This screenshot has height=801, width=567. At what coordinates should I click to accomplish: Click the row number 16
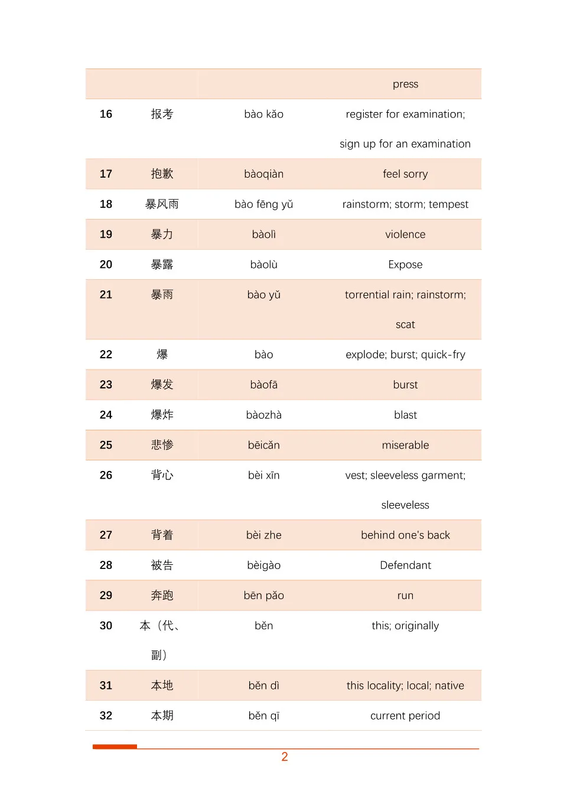[x=106, y=114]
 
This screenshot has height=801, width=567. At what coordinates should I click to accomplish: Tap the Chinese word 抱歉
[x=162, y=174]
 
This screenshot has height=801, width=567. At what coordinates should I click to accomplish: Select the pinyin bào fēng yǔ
[x=263, y=204]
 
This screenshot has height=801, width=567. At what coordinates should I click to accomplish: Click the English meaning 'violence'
[x=405, y=234]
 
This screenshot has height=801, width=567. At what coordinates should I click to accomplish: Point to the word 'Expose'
[x=405, y=264]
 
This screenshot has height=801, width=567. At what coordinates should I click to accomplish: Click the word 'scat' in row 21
[x=405, y=325]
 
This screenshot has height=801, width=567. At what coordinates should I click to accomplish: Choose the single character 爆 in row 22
[x=162, y=354]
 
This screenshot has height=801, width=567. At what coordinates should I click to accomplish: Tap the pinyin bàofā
[x=263, y=385]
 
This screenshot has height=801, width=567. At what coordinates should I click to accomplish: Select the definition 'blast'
[x=405, y=415]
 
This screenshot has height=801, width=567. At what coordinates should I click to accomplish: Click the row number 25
[x=106, y=445]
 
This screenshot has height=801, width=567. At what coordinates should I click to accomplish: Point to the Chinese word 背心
[x=162, y=475]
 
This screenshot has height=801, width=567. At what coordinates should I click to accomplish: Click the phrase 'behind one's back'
[x=405, y=535]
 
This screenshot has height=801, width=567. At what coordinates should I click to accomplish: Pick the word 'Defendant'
[x=405, y=565]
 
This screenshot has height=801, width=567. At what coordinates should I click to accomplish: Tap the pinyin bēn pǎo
[x=263, y=596]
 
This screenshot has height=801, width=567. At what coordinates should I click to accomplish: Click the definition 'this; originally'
[x=405, y=626]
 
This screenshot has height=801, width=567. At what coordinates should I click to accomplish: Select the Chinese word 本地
[x=162, y=685]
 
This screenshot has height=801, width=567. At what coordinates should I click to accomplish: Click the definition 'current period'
[x=405, y=715]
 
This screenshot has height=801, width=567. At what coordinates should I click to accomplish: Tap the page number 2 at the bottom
[x=285, y=757]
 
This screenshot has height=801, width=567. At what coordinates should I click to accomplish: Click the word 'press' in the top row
[x=405, y=84]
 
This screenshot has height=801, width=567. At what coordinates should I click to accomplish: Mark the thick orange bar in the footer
[x=115, y=747]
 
